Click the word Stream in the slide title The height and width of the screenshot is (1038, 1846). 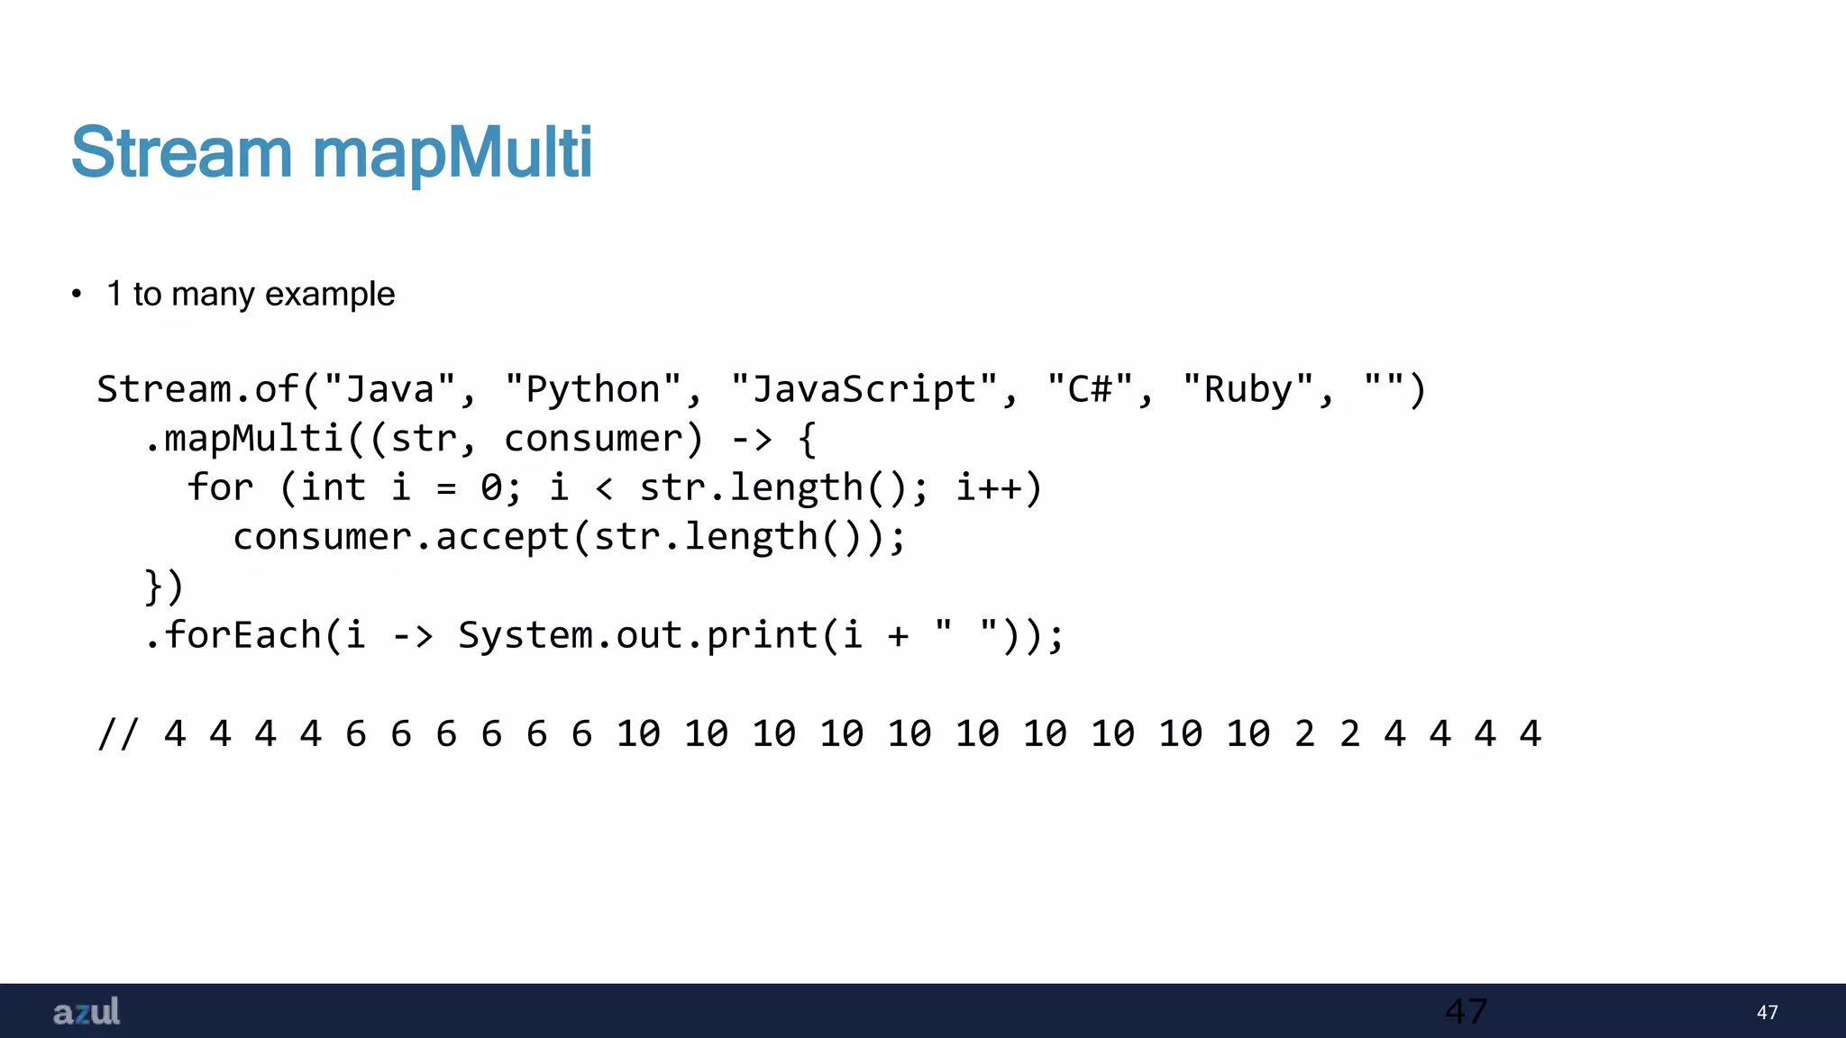[181, 152]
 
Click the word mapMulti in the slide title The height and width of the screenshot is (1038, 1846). [452, 152]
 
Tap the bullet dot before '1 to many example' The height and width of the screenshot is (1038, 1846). [77, 294]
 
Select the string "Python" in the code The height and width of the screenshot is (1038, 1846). [593, 389]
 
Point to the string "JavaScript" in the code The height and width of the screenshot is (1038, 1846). [864, 389]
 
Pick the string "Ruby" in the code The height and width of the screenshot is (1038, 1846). [1248, 389]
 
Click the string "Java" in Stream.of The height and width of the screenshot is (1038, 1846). [390, 389]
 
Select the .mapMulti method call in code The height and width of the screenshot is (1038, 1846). [243, 439]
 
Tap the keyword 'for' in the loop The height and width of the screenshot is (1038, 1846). [220, 487]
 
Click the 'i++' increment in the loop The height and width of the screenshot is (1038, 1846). [989, 487]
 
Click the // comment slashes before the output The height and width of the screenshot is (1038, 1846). [118, 733]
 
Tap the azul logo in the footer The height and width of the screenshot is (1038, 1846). [87, 1012]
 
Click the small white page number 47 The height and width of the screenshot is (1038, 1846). [1767, 1013]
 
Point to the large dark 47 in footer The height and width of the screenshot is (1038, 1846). [1466, 1012]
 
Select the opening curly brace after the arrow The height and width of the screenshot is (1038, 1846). [808, 439]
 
